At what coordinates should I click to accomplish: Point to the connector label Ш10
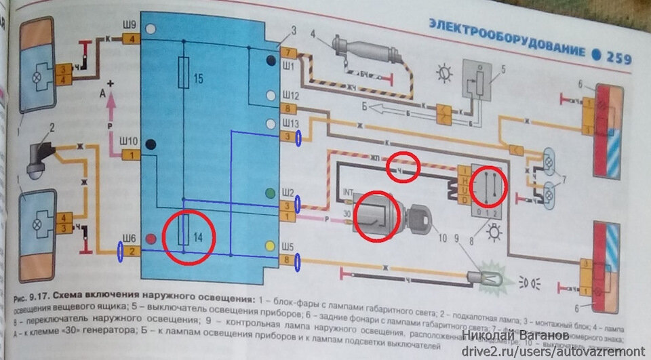pyautogui.click(x=128, y=141)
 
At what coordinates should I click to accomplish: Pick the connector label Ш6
pyautogui.click(x=130, y=238)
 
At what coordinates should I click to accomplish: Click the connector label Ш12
pyautogui.click(x=290, y=96)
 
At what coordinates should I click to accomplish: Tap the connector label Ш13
pyautogui.click(x=290, y=123)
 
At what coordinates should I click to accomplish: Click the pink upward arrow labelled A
pyautogui.click(x=110, y=102)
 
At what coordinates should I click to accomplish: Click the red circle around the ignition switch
pyautogui.click(x=378, y=218)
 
